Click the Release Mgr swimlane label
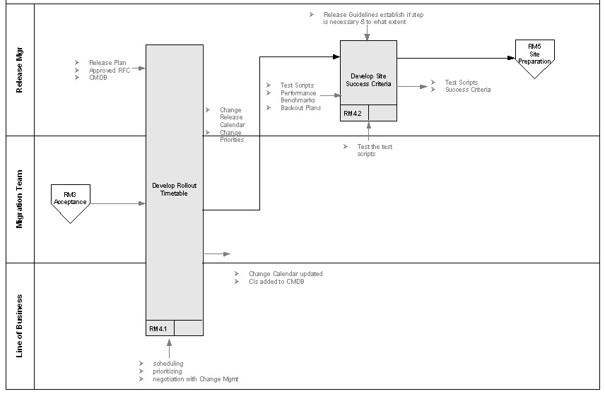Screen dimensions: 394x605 click(x=20, y=71)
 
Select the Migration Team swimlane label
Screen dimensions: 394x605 click(x=20, y=198)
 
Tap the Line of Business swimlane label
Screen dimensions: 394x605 click(x=20, y=326)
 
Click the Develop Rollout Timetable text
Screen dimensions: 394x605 click(x=174, y=189)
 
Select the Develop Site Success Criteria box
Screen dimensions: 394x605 click(x=368, y=80)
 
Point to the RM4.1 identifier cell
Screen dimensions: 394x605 click(x=159, y=328)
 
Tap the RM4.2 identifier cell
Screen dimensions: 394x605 click(x=353, y=114)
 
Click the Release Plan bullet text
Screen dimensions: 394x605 click(x=107, y=63)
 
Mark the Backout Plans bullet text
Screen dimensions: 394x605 click(x=300, y=108)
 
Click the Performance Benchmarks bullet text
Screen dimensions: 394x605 click(x=298, y=97)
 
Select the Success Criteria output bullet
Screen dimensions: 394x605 click(x=467, y=90)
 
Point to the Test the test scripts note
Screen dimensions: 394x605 click(x=375, y=150)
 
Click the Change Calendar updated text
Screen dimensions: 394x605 click(x=285, y=274)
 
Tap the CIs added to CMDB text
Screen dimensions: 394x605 click(x=276, y=282)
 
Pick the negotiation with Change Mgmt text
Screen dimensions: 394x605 click(x=195, y=379)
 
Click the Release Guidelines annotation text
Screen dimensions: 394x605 click(x=373, y=18)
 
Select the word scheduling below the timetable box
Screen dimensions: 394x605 click(x=167, y=364)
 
